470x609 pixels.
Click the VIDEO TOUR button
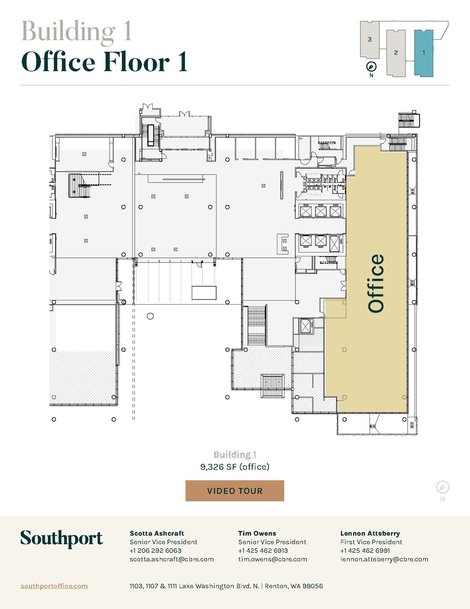click(x=235, y=491)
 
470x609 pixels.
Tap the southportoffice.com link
click(x=54, y=586)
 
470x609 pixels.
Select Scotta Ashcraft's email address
click(x=172, y=559)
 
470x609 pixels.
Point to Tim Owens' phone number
click(x=263, y=550)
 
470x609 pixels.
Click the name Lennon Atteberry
click(x=370, y=533)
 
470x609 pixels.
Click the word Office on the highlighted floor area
click(x=376, y=283)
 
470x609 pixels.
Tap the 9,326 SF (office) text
click(x=235, y=467)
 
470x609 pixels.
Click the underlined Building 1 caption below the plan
click(x=235, y=454)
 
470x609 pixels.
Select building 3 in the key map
click(x=369, y=39)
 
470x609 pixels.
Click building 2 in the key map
click(x=396, y=53)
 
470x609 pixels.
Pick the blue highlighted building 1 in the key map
click(x=424, y=53)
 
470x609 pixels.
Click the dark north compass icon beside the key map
click(x=371, y=67)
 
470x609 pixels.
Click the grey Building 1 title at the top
click(x=77, y=32)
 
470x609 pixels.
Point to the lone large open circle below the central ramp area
click(x=150, y=316)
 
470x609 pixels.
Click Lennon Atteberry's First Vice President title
click(x=371, y=542)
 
